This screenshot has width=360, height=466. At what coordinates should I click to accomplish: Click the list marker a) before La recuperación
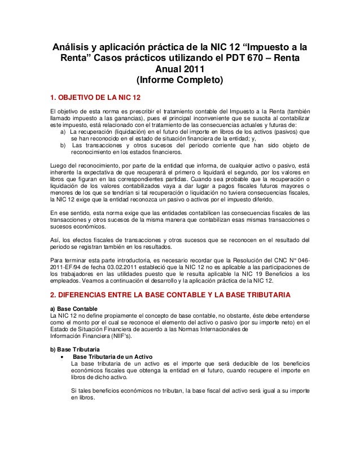pyautogui.click(x=63, y=131)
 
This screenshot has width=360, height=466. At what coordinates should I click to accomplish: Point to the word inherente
pyautogui.click(x=63, y=172)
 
